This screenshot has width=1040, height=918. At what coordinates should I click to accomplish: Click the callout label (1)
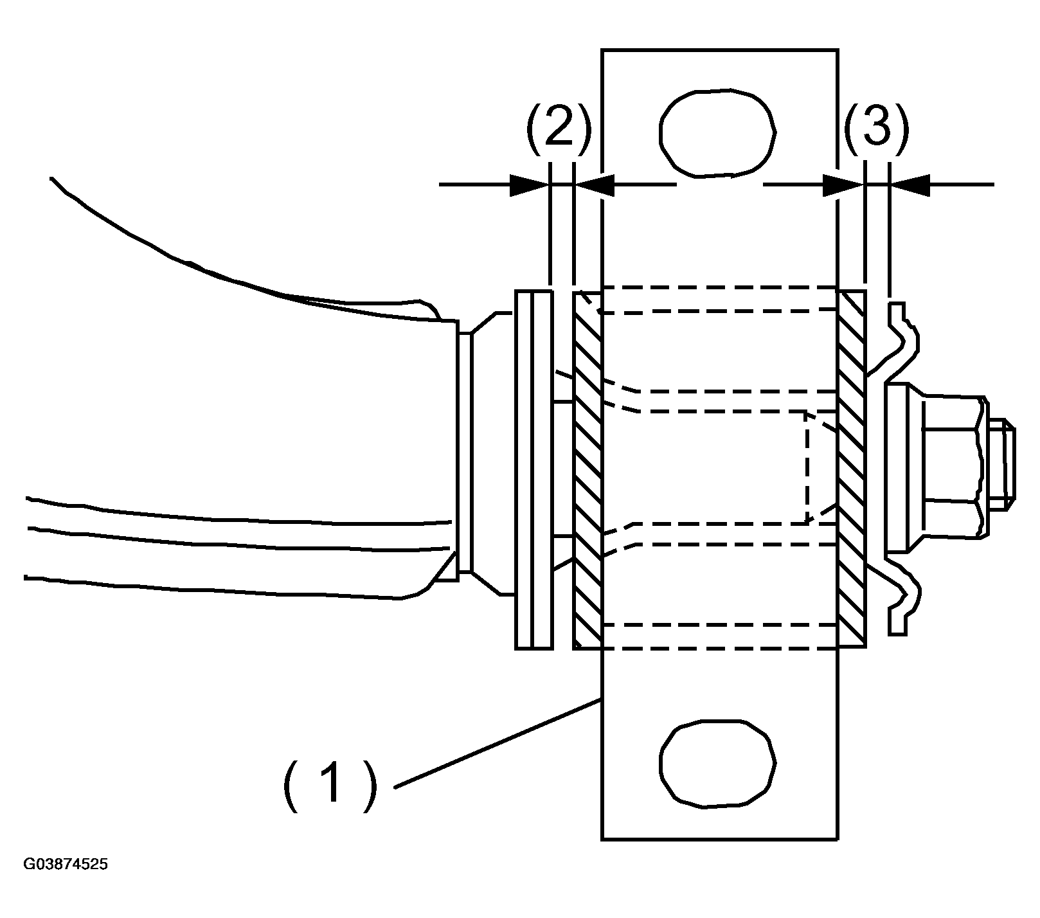pyautogui.click(x=328, y=782)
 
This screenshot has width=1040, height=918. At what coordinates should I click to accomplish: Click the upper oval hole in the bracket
pyautogui.click(x=718, y=133)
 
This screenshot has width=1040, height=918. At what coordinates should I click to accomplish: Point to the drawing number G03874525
pyautogui.click(x=66, y=864)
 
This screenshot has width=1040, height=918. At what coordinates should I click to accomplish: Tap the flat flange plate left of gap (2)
pyautogui.click(x=533, y=469)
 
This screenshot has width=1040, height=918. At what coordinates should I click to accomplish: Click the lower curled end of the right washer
pyautogui.click(x=902, y=600)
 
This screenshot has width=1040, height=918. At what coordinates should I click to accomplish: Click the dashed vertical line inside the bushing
pyautogui.click(x=806, y=467)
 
